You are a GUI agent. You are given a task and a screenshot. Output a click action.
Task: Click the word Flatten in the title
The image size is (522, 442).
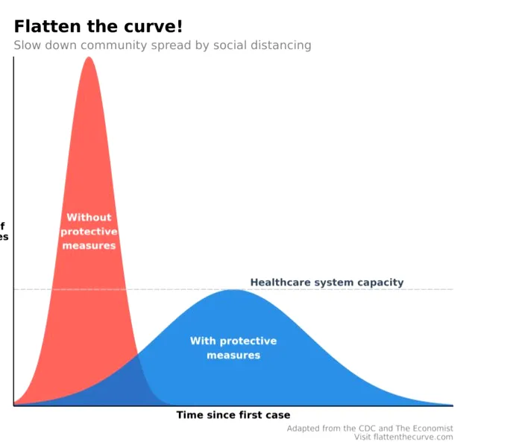point(43,27)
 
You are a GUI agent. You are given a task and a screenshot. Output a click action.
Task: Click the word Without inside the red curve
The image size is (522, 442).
point(89,218)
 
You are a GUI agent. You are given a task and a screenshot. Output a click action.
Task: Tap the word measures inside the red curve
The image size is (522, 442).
point(89,246)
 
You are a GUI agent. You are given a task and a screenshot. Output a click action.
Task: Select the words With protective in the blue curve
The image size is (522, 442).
point(233,341)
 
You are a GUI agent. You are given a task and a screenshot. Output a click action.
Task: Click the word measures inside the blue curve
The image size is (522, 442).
point(233,356)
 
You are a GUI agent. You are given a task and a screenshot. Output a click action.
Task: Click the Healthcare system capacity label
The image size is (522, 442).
point(327,282)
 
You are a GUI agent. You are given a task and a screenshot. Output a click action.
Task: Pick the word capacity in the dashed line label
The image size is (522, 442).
point(380,282)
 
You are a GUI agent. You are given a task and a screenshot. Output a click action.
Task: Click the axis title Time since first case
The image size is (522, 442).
point(233,415)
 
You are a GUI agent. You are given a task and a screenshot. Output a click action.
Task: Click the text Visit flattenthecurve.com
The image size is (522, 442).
point(403,437)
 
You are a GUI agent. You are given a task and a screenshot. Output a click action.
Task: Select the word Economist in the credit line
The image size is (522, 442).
point(430,429)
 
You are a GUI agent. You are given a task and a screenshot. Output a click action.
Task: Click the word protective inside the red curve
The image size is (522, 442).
point(89,232)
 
